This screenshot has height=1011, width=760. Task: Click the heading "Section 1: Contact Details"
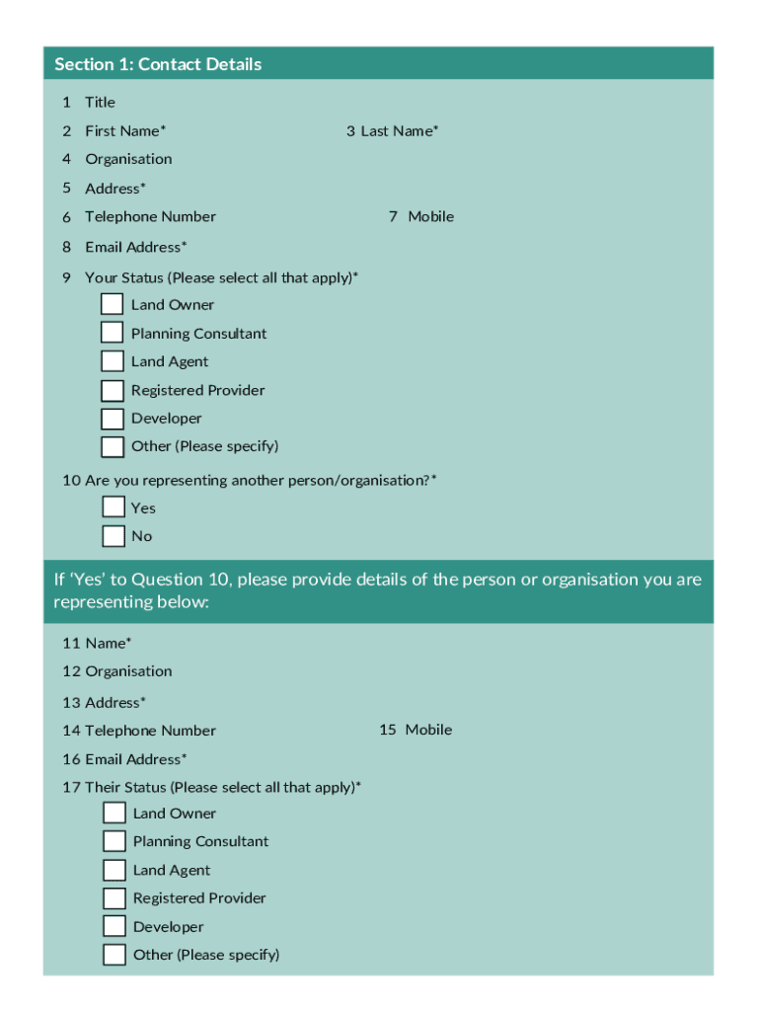(158, 64)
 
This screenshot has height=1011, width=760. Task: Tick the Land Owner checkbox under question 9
(113, 304)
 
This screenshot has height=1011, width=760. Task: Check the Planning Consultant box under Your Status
(113, 333)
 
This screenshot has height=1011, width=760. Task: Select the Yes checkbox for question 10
(114, 507)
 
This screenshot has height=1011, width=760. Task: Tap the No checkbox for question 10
(114, 536)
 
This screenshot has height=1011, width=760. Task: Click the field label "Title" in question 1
(100, 102)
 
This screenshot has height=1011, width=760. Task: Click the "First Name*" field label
(125, 130)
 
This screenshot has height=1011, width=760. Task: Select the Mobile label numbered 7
(431, 216)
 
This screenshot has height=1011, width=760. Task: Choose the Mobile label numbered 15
(428, 730)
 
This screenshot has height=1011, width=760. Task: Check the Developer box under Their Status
(115, 926)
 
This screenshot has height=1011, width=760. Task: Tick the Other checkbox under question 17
(115, 955)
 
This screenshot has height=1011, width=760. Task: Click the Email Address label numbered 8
(136, 247)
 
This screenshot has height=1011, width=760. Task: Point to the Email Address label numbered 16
(136, 759)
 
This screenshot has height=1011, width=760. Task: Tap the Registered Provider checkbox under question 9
(113, 390)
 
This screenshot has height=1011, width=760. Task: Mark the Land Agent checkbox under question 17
(115, 870)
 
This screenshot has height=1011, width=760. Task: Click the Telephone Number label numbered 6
(150, 216)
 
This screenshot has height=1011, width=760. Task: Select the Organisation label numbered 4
(128, 159)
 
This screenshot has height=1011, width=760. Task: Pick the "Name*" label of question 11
(109, 643)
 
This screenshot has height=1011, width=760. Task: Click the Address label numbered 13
(115, 702)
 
